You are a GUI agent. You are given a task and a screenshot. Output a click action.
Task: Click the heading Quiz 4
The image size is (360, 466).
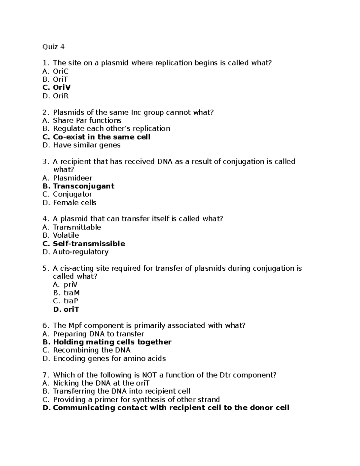click(x=53, y=47)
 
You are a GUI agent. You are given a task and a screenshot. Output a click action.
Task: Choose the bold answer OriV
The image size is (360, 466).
click(x=62, y=88)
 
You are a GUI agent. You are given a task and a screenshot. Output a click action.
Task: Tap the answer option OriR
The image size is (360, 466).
click(x=61, y=96)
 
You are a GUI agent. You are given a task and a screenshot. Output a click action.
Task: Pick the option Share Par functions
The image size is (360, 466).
click(x=87, y=121)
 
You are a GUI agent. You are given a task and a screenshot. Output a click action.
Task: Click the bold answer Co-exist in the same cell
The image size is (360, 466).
click(x=101, y=137)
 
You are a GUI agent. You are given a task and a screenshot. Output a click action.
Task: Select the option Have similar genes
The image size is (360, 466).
click(x=87, y=145)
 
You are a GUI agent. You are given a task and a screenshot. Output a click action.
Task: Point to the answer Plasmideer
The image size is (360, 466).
click(x=73, y=178)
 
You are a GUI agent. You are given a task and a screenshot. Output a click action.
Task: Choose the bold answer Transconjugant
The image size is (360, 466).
click(x=83, y=186)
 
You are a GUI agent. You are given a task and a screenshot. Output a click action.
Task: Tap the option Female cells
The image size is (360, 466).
click(x=75, y=203)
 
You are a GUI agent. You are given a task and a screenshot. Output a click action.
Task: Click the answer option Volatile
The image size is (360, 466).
click(x=66, y=236)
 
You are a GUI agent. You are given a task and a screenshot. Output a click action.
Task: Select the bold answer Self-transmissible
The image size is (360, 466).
click(x=89, y=244)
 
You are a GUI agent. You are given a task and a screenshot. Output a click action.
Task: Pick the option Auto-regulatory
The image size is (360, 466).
click(x=81, y=252)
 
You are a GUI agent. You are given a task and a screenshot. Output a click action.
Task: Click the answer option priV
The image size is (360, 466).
click(x=71, y=284)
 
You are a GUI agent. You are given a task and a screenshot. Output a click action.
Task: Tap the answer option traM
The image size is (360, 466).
click(x=72, y=293)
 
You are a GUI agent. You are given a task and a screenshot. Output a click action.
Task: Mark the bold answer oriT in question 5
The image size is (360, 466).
click(x=71, y=309)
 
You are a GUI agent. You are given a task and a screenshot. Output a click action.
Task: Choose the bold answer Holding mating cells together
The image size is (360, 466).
click(x=112, y=342)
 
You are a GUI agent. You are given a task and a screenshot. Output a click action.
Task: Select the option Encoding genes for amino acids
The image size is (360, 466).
click(x=109, y=359)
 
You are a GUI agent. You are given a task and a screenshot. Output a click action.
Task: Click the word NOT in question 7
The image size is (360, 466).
click(x=149, y=375)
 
